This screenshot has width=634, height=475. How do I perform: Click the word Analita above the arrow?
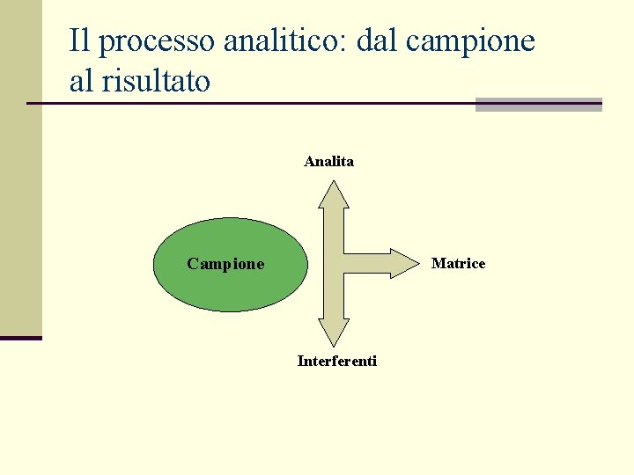[x=328, y=161]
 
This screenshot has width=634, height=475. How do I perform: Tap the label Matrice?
[x=458, y=264]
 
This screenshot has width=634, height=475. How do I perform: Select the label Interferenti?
[x=337, y=361]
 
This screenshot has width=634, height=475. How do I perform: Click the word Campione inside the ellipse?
[x=225, y=264]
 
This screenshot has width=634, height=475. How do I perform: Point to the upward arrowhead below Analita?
[x=334, y=193]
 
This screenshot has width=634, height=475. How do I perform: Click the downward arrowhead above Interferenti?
[x=334, y=332]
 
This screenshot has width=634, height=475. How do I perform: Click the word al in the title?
[x=80, y=81]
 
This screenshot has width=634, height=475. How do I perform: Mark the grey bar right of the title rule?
[x=538, y=105]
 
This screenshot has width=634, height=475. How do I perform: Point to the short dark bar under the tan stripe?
[x=20, y=338]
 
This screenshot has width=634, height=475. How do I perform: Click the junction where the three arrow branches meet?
[x=334, y=263]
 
